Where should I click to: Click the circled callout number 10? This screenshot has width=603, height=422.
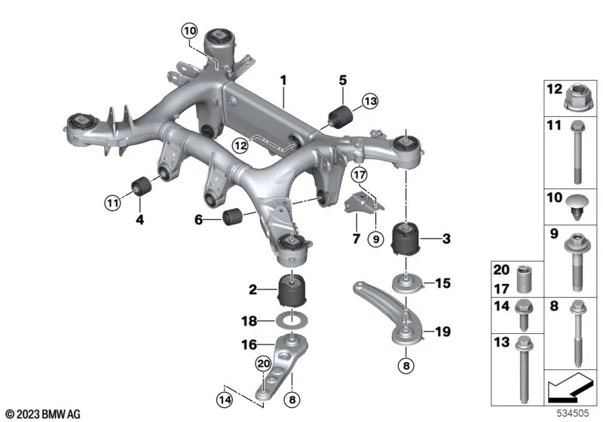tap(188, 31)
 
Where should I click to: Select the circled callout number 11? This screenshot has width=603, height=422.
tap(112, 202)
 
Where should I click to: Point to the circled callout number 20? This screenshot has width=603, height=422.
tap(262, 364)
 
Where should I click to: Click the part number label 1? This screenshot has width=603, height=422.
tap(284, 79)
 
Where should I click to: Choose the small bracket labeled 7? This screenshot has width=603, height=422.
tap(361, 203)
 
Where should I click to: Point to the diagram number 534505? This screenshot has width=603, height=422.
tap(575, 412)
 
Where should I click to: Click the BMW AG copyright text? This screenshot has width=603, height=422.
tap(43, 413)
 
